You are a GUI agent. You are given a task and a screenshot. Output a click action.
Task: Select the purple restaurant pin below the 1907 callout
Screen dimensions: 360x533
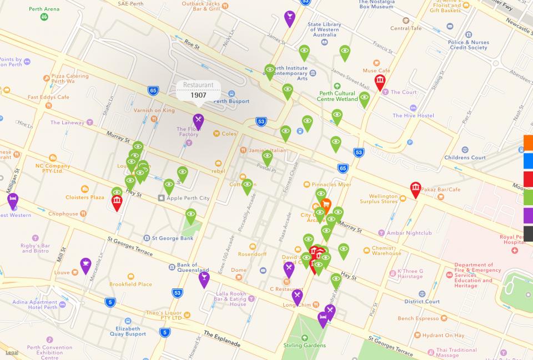pos(198,120)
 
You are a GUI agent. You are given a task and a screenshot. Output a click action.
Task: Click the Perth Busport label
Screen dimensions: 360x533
pos(232,100)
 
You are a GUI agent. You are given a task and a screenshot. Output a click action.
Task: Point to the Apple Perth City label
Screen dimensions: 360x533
pos(188,198)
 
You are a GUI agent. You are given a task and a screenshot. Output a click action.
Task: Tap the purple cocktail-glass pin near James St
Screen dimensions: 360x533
pos(289,17)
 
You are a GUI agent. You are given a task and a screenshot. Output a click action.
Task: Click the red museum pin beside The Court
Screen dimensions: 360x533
pos(380,82)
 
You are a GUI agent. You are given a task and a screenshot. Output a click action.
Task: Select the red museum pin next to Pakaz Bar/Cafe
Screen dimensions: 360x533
pos(415,189)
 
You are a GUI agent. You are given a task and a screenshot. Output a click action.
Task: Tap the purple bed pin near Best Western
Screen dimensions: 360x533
pos(13,200)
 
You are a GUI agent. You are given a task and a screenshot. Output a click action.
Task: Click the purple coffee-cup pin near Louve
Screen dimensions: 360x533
pos(85,265)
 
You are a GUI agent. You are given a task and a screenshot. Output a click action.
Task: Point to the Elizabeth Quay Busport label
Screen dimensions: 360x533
pos(128,331)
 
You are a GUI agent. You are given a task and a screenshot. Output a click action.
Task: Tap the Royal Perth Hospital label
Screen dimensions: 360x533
pos(512,240)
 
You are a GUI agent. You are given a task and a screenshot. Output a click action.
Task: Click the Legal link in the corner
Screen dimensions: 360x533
pos(12,352)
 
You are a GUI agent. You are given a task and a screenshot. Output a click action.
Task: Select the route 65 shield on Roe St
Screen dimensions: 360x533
pos(153,90)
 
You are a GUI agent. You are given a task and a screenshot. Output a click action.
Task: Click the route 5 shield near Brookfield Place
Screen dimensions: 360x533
pos(110,302)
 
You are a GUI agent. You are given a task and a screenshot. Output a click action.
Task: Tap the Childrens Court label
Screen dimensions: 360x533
pos(465,158)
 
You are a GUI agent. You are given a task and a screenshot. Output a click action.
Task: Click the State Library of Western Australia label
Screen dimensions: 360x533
pos(325,29)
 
